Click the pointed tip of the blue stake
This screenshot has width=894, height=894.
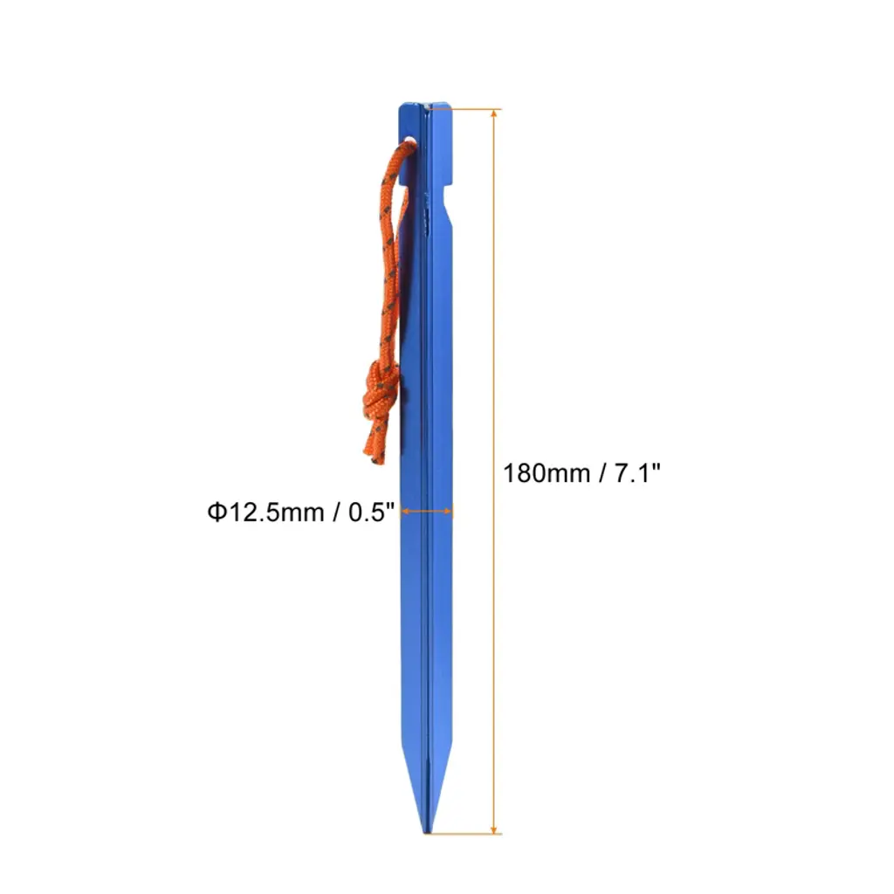tap(426, 832)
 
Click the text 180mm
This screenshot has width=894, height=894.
tap(538, 473)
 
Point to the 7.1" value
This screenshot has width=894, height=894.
tap(636, 472)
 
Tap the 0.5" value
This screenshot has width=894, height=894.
tap(371, 512)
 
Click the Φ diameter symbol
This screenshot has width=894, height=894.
tap(217, 512)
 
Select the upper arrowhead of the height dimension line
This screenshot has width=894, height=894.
tap(494, 113)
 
